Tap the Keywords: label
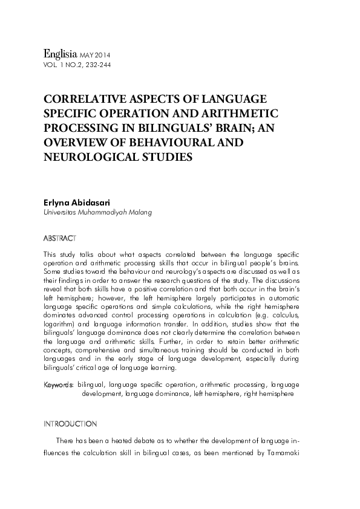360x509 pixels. (59, 384)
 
